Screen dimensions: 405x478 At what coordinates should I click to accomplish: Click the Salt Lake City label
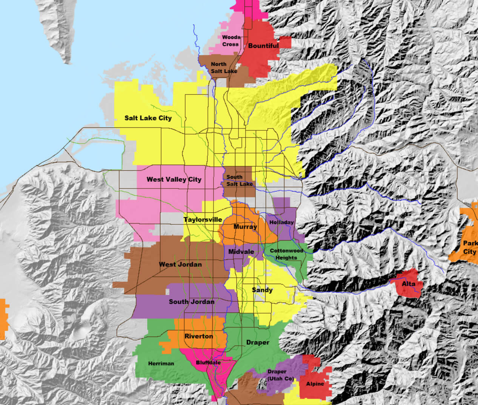[x=148, y=118]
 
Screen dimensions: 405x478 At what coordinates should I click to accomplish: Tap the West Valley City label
[x=174, y=179]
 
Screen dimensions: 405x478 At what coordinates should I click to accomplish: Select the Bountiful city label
[x=263, y=46]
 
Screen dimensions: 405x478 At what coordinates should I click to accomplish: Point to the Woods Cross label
[x=231, y=41]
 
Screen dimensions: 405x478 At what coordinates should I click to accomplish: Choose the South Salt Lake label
[x=239, y=181]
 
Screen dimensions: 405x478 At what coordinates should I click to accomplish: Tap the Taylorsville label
[x=203, y=220]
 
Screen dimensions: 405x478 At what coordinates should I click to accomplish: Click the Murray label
[x=245, y=227]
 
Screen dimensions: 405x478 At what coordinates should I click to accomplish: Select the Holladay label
[x=281, y=223]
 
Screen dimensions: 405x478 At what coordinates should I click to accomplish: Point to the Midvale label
[x=241, y=252]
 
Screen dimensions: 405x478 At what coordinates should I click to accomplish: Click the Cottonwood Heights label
[x=286, y=254]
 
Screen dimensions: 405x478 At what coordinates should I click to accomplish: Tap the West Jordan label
[x=180, y=264]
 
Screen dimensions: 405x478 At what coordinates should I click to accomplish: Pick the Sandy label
[x=262, y=290]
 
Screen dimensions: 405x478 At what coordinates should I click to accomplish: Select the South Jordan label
[x=192, y=301]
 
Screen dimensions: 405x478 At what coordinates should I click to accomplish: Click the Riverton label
[x=198, y=336]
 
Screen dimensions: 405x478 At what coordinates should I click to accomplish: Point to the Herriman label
[x=161, y=363]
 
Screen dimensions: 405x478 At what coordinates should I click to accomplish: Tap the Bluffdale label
[x=208, y=363]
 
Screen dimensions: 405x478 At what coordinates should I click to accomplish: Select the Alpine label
[x=315, y=384]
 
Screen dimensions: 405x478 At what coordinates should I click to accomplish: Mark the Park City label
[x=470, y=247]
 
